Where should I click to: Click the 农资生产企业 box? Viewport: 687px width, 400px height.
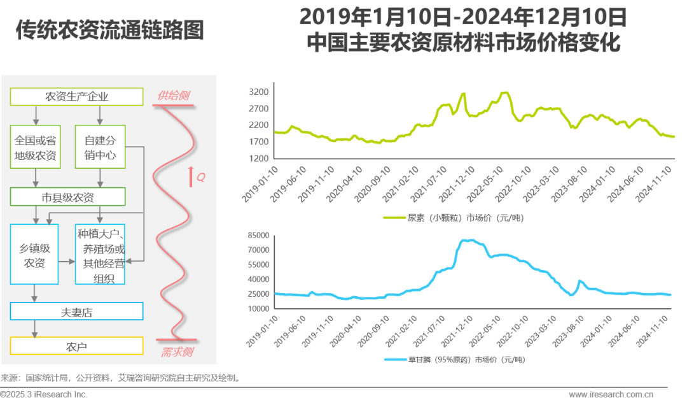(x=76, y=97)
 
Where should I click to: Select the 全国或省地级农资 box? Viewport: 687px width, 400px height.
(x=36, y=146)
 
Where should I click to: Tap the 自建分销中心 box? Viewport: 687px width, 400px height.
(x=100, y=146)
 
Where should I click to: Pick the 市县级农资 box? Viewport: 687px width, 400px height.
(x=76, y=197)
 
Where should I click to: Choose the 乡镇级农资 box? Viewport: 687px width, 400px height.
(x=34, y=254)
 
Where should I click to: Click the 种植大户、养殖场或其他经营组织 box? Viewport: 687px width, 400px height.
(x=100, y=254)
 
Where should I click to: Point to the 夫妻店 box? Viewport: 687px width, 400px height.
(x=76, y=311)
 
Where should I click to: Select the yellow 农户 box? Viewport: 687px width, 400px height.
(x=76, y=346)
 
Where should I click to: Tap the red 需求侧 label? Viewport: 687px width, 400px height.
(x=176, y=352)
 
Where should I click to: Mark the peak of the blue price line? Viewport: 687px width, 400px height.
(x=469, y=240)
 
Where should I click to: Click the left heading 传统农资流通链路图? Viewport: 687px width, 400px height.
(x=109, y=31)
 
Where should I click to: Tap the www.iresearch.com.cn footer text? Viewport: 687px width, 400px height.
(x=611, y=394)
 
